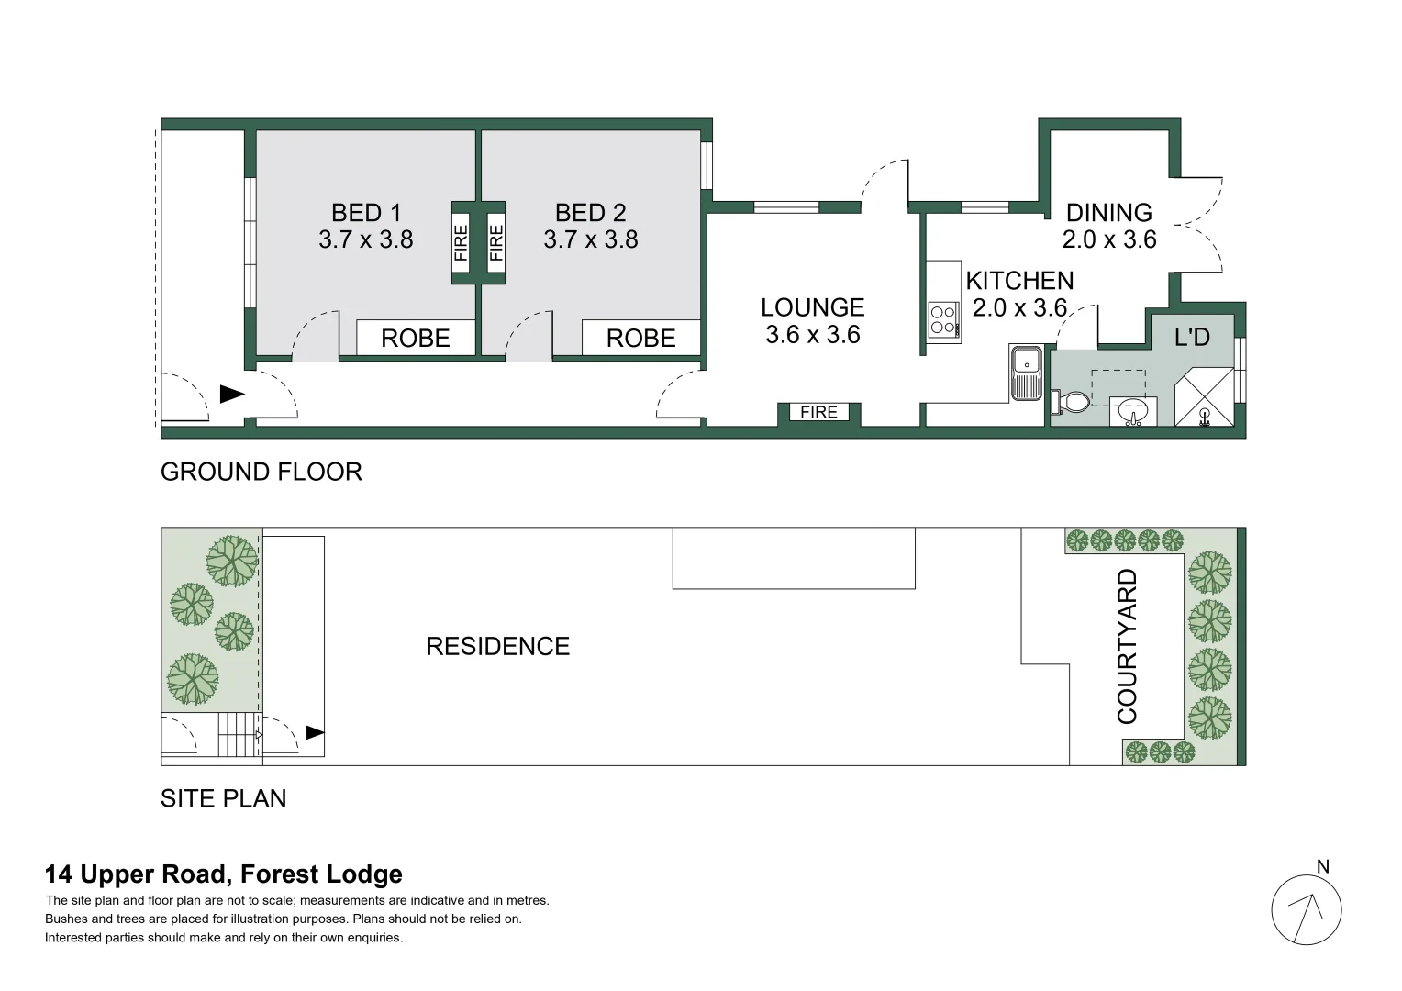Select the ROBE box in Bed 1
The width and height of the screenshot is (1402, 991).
(x=416, y=338)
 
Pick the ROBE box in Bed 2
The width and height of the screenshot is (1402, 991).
(x=641, y=338)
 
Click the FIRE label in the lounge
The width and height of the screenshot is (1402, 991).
(x=818, y=412)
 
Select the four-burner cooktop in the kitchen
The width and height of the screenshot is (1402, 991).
(x=944, y=319)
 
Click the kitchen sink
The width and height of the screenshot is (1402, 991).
(x=1025, y=373)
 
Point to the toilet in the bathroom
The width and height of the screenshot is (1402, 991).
(x=1071, y=402)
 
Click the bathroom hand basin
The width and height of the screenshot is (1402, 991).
(x=1133, y=411)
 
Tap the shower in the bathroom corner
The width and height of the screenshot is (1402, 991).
(x=1204, y=397)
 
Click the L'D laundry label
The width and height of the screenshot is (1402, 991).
(x=1192, y=337)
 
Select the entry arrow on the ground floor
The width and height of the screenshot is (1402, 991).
(x=231, y=395)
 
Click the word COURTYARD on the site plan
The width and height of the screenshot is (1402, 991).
(x=1127, y=646)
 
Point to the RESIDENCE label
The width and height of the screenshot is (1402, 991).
(x=497, y=646)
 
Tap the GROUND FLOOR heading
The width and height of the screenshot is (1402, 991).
(x=261, y=472)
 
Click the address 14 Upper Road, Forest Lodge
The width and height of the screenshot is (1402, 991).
(x=224, y=874)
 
